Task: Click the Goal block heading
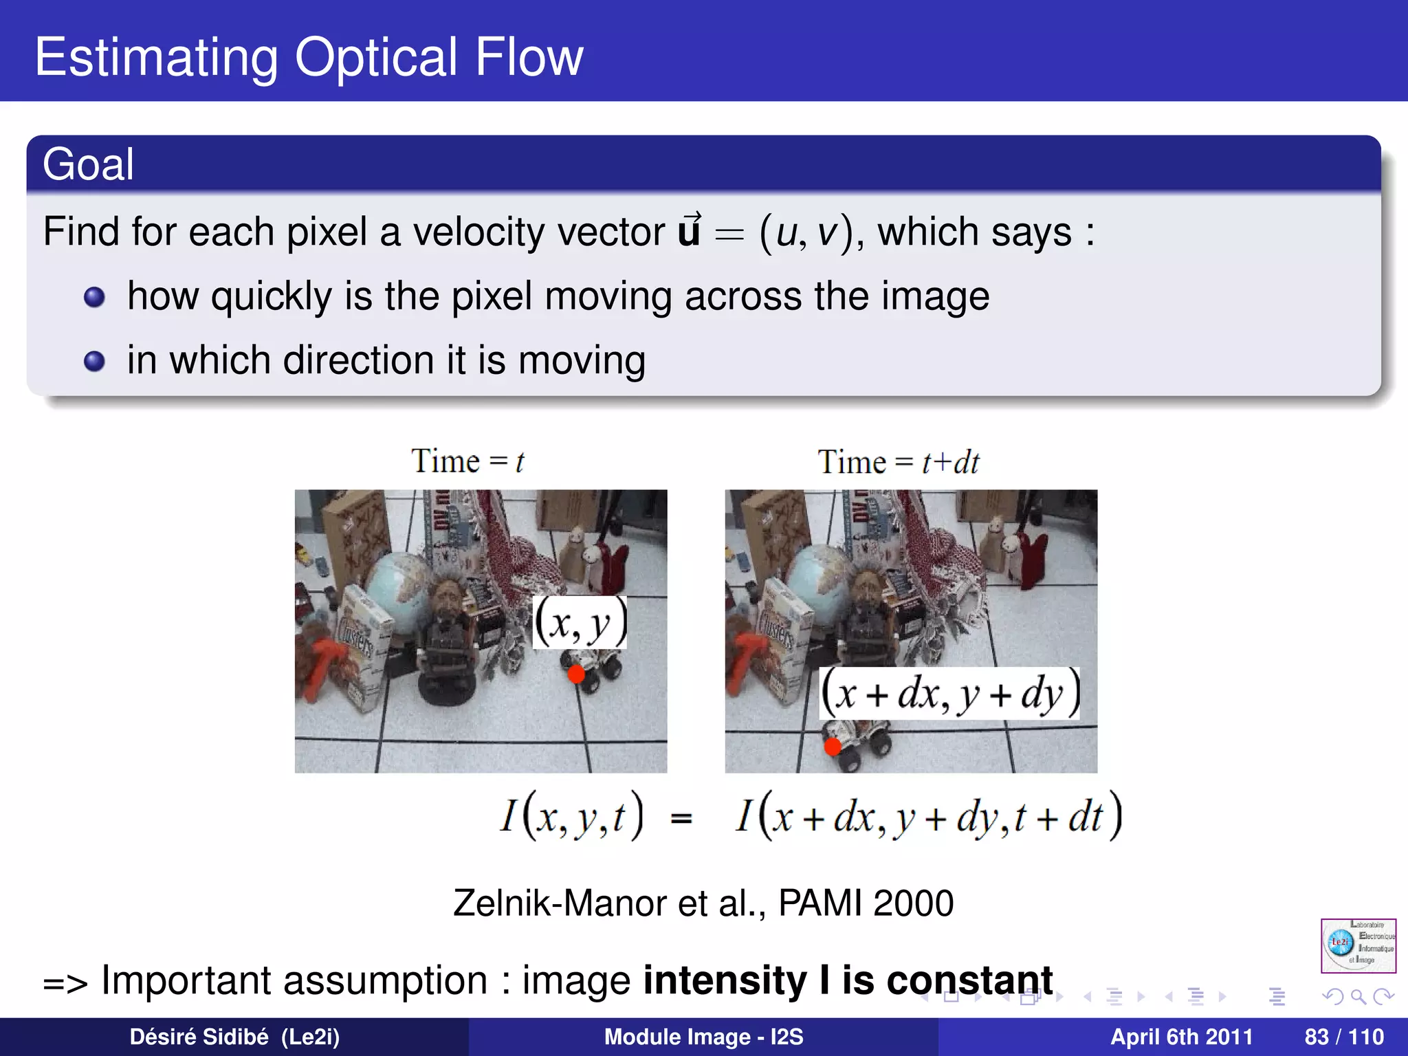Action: [88, 164]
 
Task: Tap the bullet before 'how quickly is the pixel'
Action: [94, 297]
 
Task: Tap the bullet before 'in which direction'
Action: [94, 361]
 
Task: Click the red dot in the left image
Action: [576, 674]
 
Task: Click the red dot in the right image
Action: [833, 747]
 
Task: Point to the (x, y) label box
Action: [580, 623]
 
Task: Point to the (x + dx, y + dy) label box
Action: [949, 693]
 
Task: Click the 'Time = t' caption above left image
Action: [467, 461]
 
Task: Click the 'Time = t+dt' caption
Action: [898, 462]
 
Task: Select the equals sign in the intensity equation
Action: [681, 818]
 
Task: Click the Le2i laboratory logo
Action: [1358, 945]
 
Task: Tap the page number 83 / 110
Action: [1343, 1037]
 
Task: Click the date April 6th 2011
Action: [1181, 1037]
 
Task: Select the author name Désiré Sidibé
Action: [199, 1037]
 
